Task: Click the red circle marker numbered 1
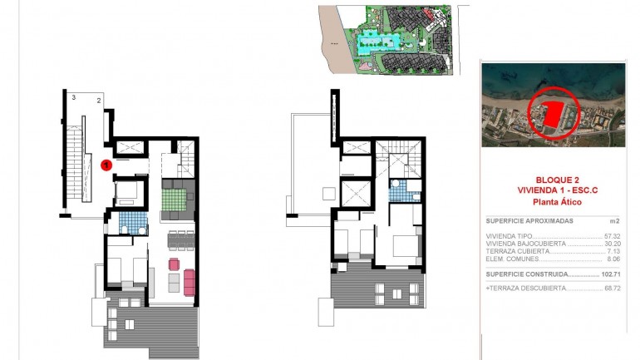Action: click(106, 165)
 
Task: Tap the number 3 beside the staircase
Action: click(74, 99)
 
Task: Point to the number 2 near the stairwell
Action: click(99, 101)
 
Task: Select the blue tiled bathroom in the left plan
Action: click(132, 223)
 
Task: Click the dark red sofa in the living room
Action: click(189, 283)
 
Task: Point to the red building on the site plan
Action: click(429, 14)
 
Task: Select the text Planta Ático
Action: click(553, 202)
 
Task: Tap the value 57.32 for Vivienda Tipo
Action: click(613, 236)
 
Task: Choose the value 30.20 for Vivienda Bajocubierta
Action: click(613, 244)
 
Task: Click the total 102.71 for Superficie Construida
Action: click(611, 274)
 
